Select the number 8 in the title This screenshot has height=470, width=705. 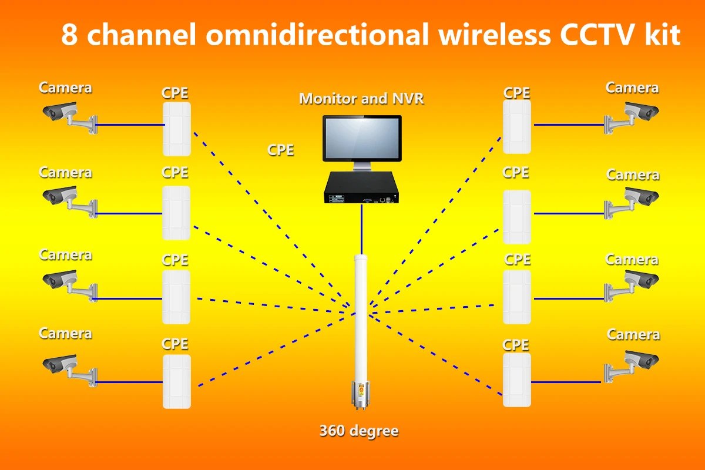pyautogui.click(x=69, y=36)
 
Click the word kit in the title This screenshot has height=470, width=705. pyautogui.click(x=662, y=36)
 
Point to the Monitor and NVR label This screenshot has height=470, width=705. pyautogui.click(x=361, y=98)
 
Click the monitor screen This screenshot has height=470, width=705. pyautogui.click(x=361, y=139)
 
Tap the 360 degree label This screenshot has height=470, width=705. pyautogui.click(x=359, y=431)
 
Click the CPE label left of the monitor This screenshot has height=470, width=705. pyautogui.click(x=281, y=150)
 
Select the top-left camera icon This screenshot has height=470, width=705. pyautogui.click(x=65, y=115)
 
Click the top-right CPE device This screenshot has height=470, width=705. pyautogui.click(x=517, y=126)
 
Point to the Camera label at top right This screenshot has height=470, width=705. pyautogui.click(x=632, y=88)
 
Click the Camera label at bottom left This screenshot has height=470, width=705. pyautogui.click(x=65, y=333)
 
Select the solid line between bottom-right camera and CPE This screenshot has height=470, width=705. pyautogui.click(x=568, y=382)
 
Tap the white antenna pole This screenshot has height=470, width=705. pyautogui.click(x=360, y=311)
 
